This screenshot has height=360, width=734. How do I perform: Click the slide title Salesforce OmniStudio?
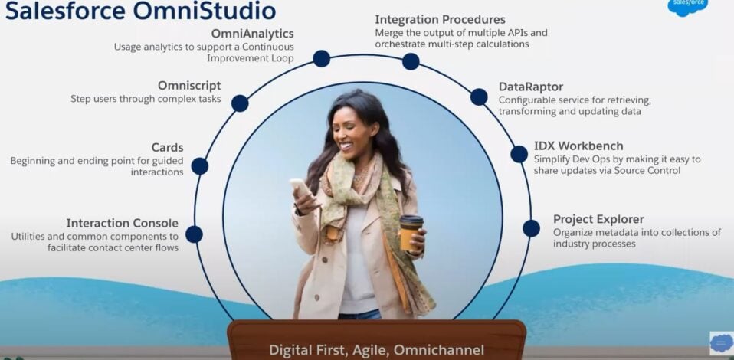click(140, 12)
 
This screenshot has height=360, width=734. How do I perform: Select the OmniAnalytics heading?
click(252, 34)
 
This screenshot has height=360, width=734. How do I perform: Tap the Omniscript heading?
click(189, 85)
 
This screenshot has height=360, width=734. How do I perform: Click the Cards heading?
click(167, 147)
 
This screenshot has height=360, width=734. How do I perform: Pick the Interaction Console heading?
click(123, 223)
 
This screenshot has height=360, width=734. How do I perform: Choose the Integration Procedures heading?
click(440, 19)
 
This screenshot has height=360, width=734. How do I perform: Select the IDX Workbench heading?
click(578, 146)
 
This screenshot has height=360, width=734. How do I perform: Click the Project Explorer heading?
click(598, 219)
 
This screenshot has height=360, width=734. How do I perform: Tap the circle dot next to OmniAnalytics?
click(322, 58)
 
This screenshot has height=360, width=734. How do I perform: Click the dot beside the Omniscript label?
click(240, 103)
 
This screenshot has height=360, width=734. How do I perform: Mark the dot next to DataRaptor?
click(479, 97)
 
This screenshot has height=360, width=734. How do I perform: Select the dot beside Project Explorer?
click(531, 228)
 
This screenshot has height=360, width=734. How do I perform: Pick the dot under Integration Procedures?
click(411, 61)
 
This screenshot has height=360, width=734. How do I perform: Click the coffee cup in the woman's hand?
click(411, 233)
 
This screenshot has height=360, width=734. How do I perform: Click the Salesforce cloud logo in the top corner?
click(687, 7)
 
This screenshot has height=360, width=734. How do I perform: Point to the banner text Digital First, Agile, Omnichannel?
click(376, 350)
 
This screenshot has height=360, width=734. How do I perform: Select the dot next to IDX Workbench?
click(519, 154)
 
